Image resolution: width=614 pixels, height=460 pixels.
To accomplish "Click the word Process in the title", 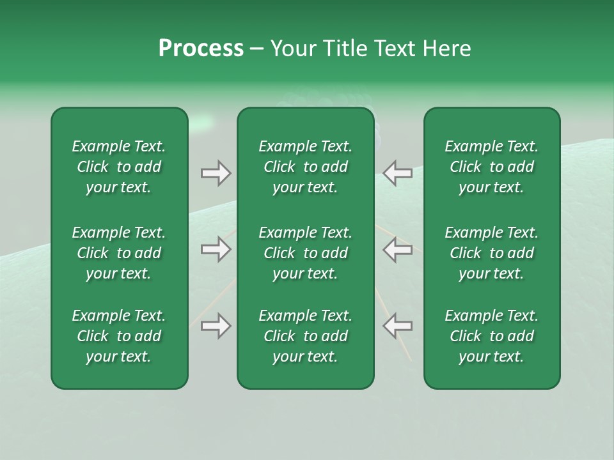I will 201,49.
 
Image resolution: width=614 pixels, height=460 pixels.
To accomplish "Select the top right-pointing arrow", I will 216,173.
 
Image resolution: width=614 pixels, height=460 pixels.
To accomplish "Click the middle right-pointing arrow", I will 216,249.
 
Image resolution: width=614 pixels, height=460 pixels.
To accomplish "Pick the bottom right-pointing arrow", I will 216,326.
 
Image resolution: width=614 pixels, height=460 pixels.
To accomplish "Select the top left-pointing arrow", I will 398,173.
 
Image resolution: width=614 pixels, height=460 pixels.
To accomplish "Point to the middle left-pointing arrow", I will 398,249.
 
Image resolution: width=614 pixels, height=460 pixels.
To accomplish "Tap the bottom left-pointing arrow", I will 398,326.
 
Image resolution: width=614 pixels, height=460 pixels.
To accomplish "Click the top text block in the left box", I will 119,167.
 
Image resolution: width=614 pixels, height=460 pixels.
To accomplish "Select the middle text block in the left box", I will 119,253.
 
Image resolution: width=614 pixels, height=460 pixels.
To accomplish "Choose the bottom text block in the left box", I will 119,336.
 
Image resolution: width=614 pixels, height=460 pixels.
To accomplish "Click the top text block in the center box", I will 306,167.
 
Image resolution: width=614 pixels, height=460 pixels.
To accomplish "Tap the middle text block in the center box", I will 306,253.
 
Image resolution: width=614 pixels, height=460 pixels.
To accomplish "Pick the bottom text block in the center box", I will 306,336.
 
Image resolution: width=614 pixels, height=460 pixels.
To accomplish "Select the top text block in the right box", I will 492,167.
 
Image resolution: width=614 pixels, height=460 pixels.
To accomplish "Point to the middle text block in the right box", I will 492,253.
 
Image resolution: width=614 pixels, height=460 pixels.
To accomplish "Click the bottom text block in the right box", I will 492,336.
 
